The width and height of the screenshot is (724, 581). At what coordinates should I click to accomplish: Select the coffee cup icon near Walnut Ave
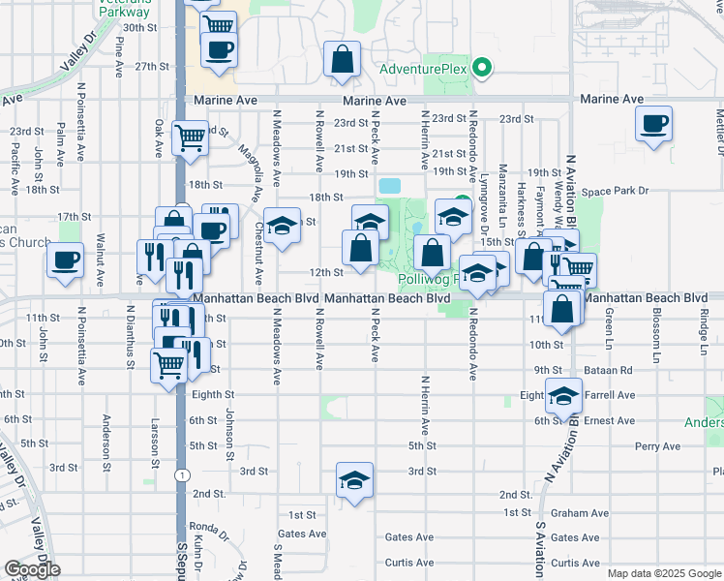coord(66,260)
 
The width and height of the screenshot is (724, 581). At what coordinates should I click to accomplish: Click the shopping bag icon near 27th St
coord(343,61)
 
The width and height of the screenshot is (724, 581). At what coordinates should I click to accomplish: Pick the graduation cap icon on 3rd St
coord(355,480)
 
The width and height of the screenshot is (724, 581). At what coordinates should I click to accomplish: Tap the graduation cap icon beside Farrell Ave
coord(564,395)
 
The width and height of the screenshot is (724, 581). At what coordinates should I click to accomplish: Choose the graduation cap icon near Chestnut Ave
coord(282,227)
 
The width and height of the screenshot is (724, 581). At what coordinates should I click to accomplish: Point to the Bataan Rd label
coord(614,370)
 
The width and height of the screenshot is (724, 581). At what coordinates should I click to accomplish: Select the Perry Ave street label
coord(658,446)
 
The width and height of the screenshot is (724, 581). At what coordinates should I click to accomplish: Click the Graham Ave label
coord(579,513)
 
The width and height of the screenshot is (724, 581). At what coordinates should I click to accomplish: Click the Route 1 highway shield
coord(181,474)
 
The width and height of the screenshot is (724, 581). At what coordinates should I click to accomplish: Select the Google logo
coord(32,569)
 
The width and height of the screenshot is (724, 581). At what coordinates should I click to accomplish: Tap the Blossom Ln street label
coord(656,335)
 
